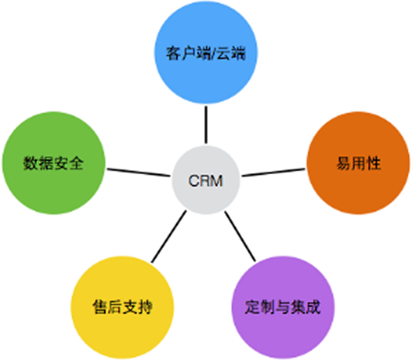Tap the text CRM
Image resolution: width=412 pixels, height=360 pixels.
pyautogui.click(x=206, y=181)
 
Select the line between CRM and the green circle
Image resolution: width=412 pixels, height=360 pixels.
pyautogui.click(x=138, y=172)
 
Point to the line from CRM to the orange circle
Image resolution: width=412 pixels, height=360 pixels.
pyautogui.click(x=274, y=171)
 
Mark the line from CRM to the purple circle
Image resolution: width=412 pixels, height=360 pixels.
pyautogui.click(x=240, y=236)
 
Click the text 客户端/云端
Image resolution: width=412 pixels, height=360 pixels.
pyautogui.click(x=205, y=54)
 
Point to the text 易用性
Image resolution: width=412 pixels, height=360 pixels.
pyautogui.click(x=359, y=164)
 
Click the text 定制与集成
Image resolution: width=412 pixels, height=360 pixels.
pyautogui.click(x=283, y=307)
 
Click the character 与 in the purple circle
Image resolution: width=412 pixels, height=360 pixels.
pyautogui.click(x=283, y=307)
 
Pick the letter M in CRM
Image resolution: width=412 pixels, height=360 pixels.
pyautogui.click(x=216, y=181)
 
